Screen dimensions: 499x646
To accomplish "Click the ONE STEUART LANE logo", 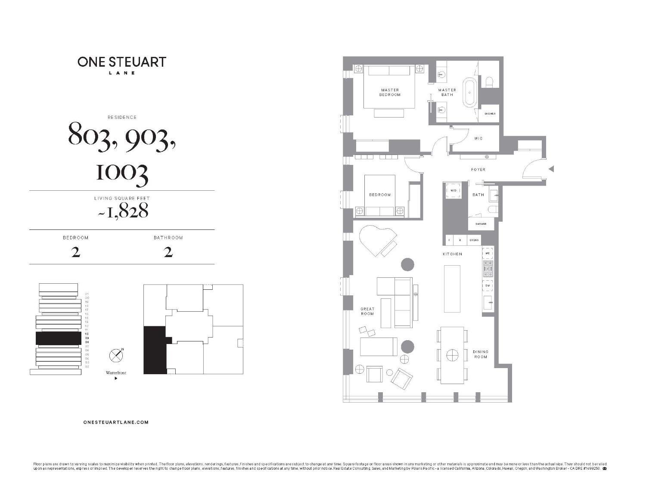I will [x=122, y=65].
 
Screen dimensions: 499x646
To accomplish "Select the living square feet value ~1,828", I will [x=122, y=211].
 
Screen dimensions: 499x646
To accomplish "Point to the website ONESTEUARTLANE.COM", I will [x=116, y=422].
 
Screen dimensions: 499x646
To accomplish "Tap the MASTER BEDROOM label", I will [x=390, y=92].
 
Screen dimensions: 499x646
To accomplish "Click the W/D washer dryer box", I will [x=453, y=191].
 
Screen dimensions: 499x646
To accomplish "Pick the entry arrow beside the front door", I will [x=551, y=169].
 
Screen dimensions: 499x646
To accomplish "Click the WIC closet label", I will [x=478, y=139].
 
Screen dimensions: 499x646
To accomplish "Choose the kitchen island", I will [x=452, y=288].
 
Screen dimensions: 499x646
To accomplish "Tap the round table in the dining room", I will [x=452, y=356].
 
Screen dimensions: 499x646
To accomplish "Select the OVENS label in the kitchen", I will [x=474, y=240].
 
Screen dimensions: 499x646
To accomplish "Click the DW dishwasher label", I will [x=488, y=285].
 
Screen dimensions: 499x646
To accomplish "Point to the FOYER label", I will [x=478, y=170].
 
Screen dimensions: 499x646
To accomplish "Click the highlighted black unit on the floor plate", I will [x=154, y=351].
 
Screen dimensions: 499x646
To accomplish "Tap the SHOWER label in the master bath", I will [x=490, y=114].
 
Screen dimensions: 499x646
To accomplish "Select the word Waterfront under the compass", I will [x=116, y=373].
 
